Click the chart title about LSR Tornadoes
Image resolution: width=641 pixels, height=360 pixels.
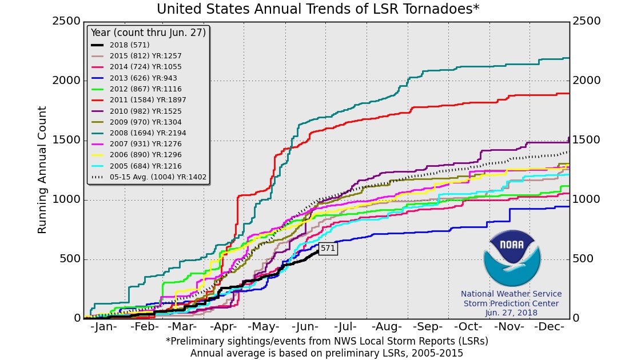(x=318, y=10)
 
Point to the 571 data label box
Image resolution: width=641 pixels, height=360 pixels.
(x=328, y=248)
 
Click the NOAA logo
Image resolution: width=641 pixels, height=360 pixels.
(x=512, y=258)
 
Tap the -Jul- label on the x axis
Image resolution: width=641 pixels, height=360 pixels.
(x=348, y=327)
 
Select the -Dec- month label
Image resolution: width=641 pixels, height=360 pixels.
(x=551, y=327)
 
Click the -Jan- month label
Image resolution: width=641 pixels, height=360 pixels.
(x=104, y=327)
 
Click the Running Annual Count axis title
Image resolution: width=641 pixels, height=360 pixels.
(x=42, y=170)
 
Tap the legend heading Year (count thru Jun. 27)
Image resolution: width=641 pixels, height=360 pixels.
(x=148, y=32)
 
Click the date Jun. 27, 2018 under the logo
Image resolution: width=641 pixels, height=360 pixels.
(x=512, y=313)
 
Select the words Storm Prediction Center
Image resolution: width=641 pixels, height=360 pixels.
(x=511, y=303)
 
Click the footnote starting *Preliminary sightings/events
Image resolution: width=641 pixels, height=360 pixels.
(x=327, y=341)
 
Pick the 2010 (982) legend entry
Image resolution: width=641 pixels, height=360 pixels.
(x=133, y=111)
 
